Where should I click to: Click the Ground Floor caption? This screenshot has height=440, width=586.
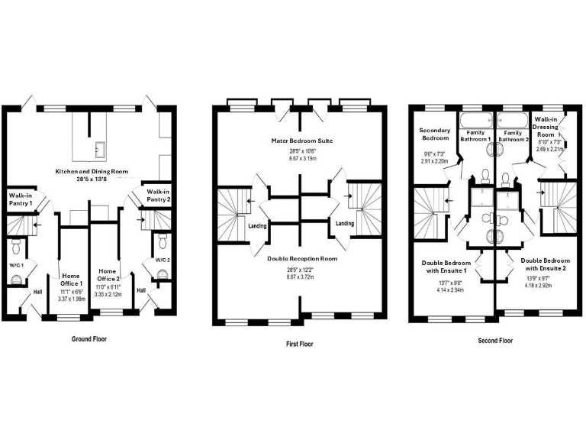(x=89, y=339)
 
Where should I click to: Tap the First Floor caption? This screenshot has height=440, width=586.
(x=299, y=344)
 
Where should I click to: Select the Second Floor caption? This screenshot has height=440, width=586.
(x=495, y=341)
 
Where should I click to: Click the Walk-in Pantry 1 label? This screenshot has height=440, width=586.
(x=21, y=199)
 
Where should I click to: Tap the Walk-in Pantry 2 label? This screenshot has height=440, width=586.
(x=159, y=196)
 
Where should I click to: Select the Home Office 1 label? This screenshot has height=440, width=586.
(x=71, y=280)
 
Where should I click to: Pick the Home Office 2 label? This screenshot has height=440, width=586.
(x=108, y=275)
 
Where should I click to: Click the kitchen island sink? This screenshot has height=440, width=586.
(x=101, y=150)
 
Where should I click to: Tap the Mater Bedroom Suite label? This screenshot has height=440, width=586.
(x=302, y=141)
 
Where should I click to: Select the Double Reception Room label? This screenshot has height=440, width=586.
(x=302, y=258)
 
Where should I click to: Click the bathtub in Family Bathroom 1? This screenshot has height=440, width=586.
(x=475, y=121)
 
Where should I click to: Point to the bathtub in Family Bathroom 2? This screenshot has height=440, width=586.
(x=513, y=121)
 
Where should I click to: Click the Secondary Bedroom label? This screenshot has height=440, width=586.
(x=435, y=134)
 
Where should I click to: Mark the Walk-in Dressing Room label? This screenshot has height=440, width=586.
(x=546, y=127)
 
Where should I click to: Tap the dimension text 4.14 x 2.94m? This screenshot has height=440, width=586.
(x=449, y=290)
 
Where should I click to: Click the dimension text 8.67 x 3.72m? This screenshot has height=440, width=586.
(x=300, y=277)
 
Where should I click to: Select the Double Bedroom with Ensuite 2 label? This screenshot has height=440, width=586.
(x=546, y=264)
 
